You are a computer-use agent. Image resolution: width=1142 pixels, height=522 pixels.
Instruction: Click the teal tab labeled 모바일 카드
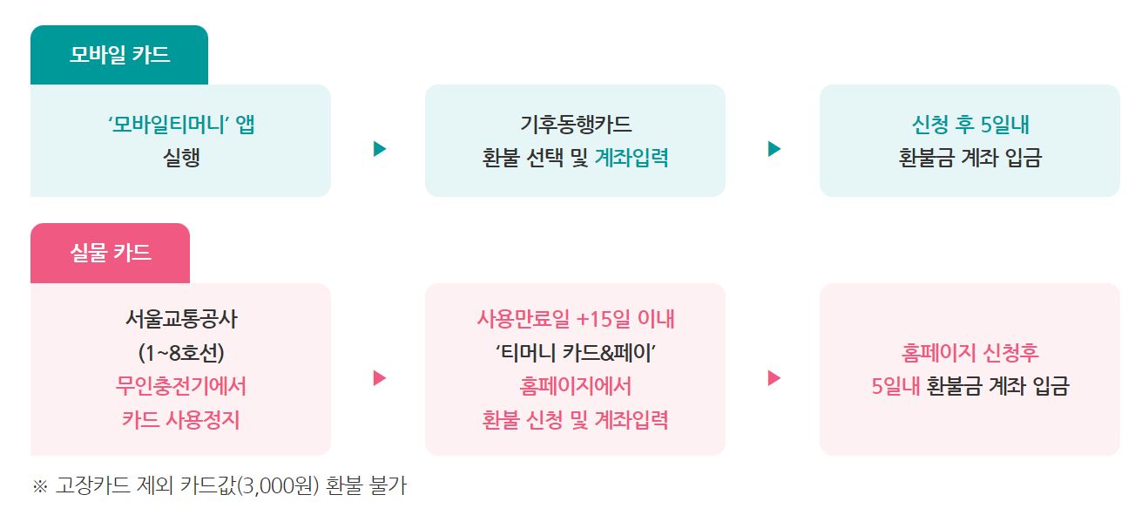[119, 56]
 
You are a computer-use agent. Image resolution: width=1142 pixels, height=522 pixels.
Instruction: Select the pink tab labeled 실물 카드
[111, 254]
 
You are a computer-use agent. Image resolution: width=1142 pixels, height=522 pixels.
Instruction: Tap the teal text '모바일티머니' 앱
[181, 125]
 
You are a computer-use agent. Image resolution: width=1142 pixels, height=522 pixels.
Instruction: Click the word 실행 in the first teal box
[181, 159]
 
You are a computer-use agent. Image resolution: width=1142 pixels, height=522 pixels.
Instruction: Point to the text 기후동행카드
[575, 125]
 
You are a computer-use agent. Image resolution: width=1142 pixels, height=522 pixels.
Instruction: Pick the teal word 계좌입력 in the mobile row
[632, 159]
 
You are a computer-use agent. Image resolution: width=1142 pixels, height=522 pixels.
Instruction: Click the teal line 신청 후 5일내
[970, 125]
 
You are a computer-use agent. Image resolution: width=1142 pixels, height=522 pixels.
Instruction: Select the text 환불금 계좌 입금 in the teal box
[970, 159]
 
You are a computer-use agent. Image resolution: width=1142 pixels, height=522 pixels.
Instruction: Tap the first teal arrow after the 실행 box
[379, 149]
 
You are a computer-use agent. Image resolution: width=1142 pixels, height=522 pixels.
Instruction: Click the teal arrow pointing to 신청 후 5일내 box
[774, 149]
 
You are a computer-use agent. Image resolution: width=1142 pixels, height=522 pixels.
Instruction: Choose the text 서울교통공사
[181, 319]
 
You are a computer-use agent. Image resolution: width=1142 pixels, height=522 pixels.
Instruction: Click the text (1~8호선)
[181, 353]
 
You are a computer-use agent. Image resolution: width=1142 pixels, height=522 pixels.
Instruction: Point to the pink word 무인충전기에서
[181, 386]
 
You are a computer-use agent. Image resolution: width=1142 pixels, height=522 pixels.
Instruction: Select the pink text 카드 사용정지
[181, 420]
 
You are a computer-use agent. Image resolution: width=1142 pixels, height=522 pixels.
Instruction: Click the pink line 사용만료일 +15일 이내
[575, 319]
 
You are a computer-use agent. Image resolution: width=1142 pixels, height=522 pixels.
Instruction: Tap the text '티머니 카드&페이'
[575, 353]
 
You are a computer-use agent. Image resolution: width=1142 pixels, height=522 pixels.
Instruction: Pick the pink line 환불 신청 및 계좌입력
[575, 420]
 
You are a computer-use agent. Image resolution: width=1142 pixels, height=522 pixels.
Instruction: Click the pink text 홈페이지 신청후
[970, 353]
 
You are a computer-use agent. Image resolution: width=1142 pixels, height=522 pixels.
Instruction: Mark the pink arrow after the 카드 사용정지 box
[379, 378]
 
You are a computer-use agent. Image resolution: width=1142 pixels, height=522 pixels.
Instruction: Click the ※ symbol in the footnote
[39, 486]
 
